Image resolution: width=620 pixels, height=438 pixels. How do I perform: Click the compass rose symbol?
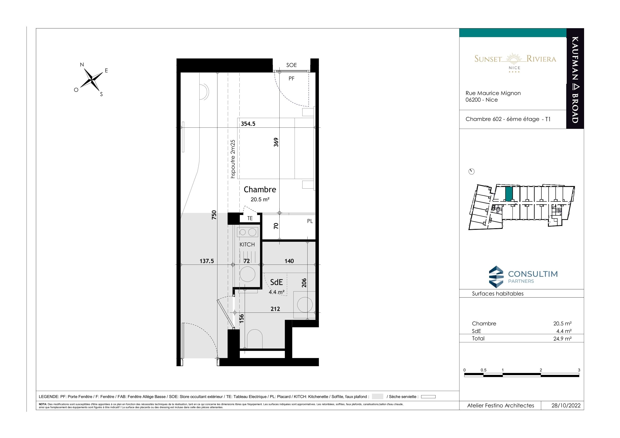[x=92, y=79]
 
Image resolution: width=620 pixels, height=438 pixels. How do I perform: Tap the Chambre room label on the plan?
[x=260, y=189]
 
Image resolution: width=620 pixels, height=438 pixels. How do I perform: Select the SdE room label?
[x=276, y=282]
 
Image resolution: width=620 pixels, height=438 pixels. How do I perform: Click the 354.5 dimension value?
[x=248, y=124]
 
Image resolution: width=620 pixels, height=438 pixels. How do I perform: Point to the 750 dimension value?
[x=214, y=215]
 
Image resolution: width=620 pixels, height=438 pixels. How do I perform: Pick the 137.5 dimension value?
[x=207, y=261]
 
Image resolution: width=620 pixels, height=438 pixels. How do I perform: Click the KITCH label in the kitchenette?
[x=247, y=245]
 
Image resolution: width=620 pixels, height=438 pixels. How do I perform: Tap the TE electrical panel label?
[x=250, y=218]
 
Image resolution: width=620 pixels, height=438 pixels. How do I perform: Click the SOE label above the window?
[x=291, y=65]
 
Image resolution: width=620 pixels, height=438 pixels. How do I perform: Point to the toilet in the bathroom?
[x=255, y=339]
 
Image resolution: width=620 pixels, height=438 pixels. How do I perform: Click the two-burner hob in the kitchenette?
[x=248, y=232]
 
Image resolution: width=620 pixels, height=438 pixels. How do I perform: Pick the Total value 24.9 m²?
[x=562, y=339]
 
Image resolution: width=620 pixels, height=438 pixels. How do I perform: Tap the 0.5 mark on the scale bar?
[x=483, y=370]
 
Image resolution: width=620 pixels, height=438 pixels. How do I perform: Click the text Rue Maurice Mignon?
[x=493, y=93]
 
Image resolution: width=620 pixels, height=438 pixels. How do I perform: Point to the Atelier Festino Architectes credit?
[x=501, y=406]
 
